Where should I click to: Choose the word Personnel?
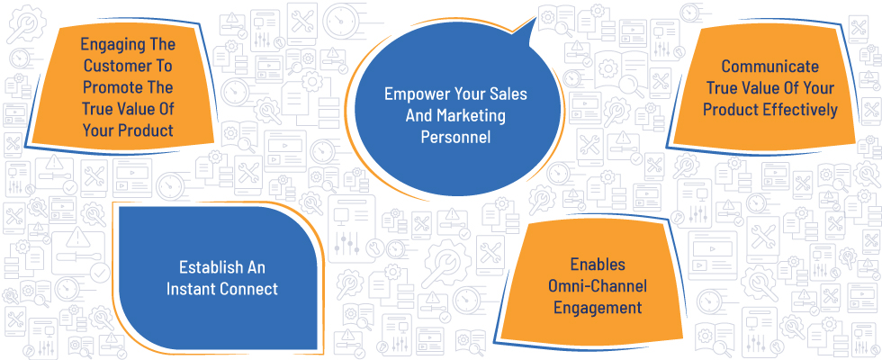coord(455,137)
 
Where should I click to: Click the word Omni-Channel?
coord(598,286)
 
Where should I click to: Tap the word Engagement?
coord(598,308)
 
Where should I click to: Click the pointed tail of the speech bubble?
coord(535,19)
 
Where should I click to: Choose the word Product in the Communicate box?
coord(731,110)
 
